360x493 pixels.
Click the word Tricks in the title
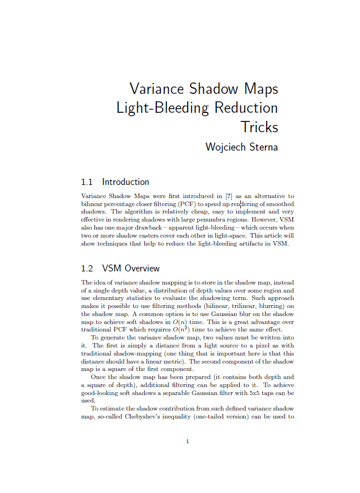pyautogui.click(x=259, y=127)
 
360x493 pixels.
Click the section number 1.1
pyautogui.click(x=87, y=182)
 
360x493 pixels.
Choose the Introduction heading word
pyautogui.click(x=125, y=182)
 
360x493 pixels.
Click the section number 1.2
pyautogui.click(x=87, y=269)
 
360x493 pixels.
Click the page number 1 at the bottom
pyautogui.click(x=188, y=441)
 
